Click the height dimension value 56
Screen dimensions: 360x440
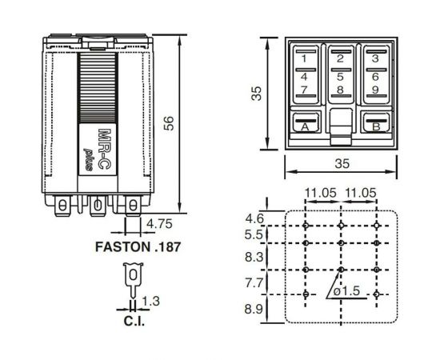pyautogui.click(x=169, y=122)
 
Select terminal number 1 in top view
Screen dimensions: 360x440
pyautogui.click(x=305, y=58)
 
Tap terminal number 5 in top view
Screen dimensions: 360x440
pyautogui.click(x=340, y=77)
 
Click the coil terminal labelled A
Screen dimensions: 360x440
pyautogui.click(x=305, y=125)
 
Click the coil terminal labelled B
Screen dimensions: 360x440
pyautogui.click(x=374, y=125)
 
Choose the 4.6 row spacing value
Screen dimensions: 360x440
pyautogui.click(x=254, y=218)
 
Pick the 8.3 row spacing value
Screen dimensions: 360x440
pyautogui.click(x=254, y=258)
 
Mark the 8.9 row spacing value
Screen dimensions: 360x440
pyautogui.click(x=254, y=309)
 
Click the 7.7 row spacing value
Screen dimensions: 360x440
pyautogui.click(x=254, y=282)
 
